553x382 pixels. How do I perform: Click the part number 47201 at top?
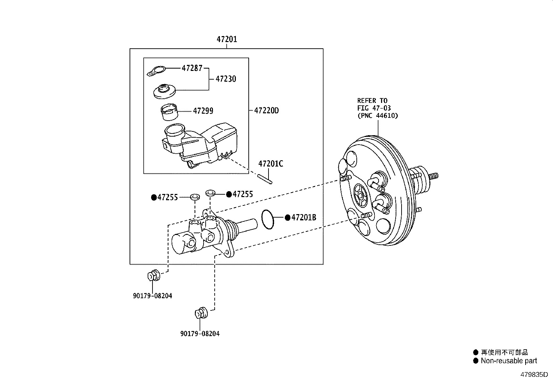227,39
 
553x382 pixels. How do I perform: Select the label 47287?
192,68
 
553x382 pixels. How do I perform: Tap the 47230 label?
225,79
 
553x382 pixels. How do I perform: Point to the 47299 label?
203,111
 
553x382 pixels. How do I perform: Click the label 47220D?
266,111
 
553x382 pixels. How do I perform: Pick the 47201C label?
270,163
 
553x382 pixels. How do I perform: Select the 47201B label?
304,218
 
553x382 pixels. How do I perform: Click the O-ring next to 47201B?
267,219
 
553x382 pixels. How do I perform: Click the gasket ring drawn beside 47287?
156,71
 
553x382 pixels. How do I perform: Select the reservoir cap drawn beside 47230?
164,91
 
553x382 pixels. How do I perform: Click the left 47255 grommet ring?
195,197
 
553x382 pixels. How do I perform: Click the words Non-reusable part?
509,361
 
